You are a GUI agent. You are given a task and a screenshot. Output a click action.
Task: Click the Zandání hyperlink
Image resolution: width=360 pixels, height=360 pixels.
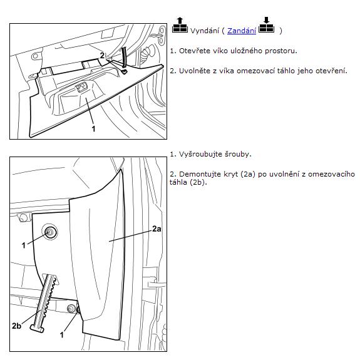242,31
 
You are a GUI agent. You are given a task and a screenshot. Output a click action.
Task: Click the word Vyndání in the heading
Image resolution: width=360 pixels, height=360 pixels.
205,31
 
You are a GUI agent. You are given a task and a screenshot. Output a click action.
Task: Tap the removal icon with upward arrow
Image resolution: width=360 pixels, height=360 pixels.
180,25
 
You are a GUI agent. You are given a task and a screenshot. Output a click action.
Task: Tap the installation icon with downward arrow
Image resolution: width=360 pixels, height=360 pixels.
266,25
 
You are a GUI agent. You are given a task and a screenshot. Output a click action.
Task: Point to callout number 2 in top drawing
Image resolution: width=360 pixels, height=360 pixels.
102,55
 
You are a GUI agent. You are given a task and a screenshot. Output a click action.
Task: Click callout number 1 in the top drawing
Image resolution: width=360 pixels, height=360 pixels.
93,128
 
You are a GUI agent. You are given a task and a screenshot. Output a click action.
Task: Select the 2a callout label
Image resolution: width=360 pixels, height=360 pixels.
157,229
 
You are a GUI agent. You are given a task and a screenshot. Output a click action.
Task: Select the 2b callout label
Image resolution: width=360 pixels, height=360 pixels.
16,326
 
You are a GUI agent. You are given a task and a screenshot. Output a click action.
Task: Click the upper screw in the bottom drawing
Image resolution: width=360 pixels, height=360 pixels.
49,232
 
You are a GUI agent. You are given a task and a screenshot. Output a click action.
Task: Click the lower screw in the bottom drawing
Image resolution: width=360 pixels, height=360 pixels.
71,309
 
